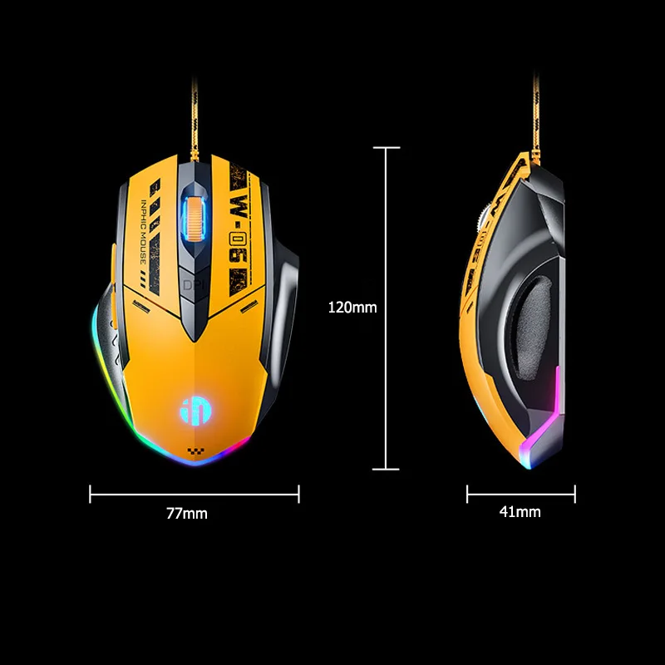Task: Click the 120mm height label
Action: [x=352, y=307]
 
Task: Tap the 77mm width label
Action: [x=186, y=513]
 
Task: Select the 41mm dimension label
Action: [x=520, y=511]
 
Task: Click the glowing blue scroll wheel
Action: [x=195, y=218]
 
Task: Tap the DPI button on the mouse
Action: [x=194, y=284]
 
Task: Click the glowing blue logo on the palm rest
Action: [x=196, y=411]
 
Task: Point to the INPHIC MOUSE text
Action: [x=143, y=232]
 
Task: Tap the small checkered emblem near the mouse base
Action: [x=195, y=452]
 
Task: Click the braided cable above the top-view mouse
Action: [x=195, y=119]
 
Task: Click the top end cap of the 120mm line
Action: [x=387, y=148]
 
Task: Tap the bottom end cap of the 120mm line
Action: [x=386, y=469]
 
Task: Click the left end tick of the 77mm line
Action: [x=91, y=494]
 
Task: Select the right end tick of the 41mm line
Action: [x=574, y=494]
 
